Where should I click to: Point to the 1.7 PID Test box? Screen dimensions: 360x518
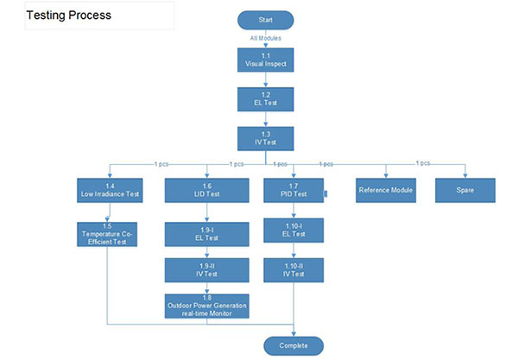[294, 191]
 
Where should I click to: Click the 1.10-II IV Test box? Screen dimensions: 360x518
[294, 270]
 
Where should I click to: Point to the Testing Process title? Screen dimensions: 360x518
[69, 15]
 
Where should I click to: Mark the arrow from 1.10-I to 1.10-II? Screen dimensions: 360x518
[294, 250]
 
